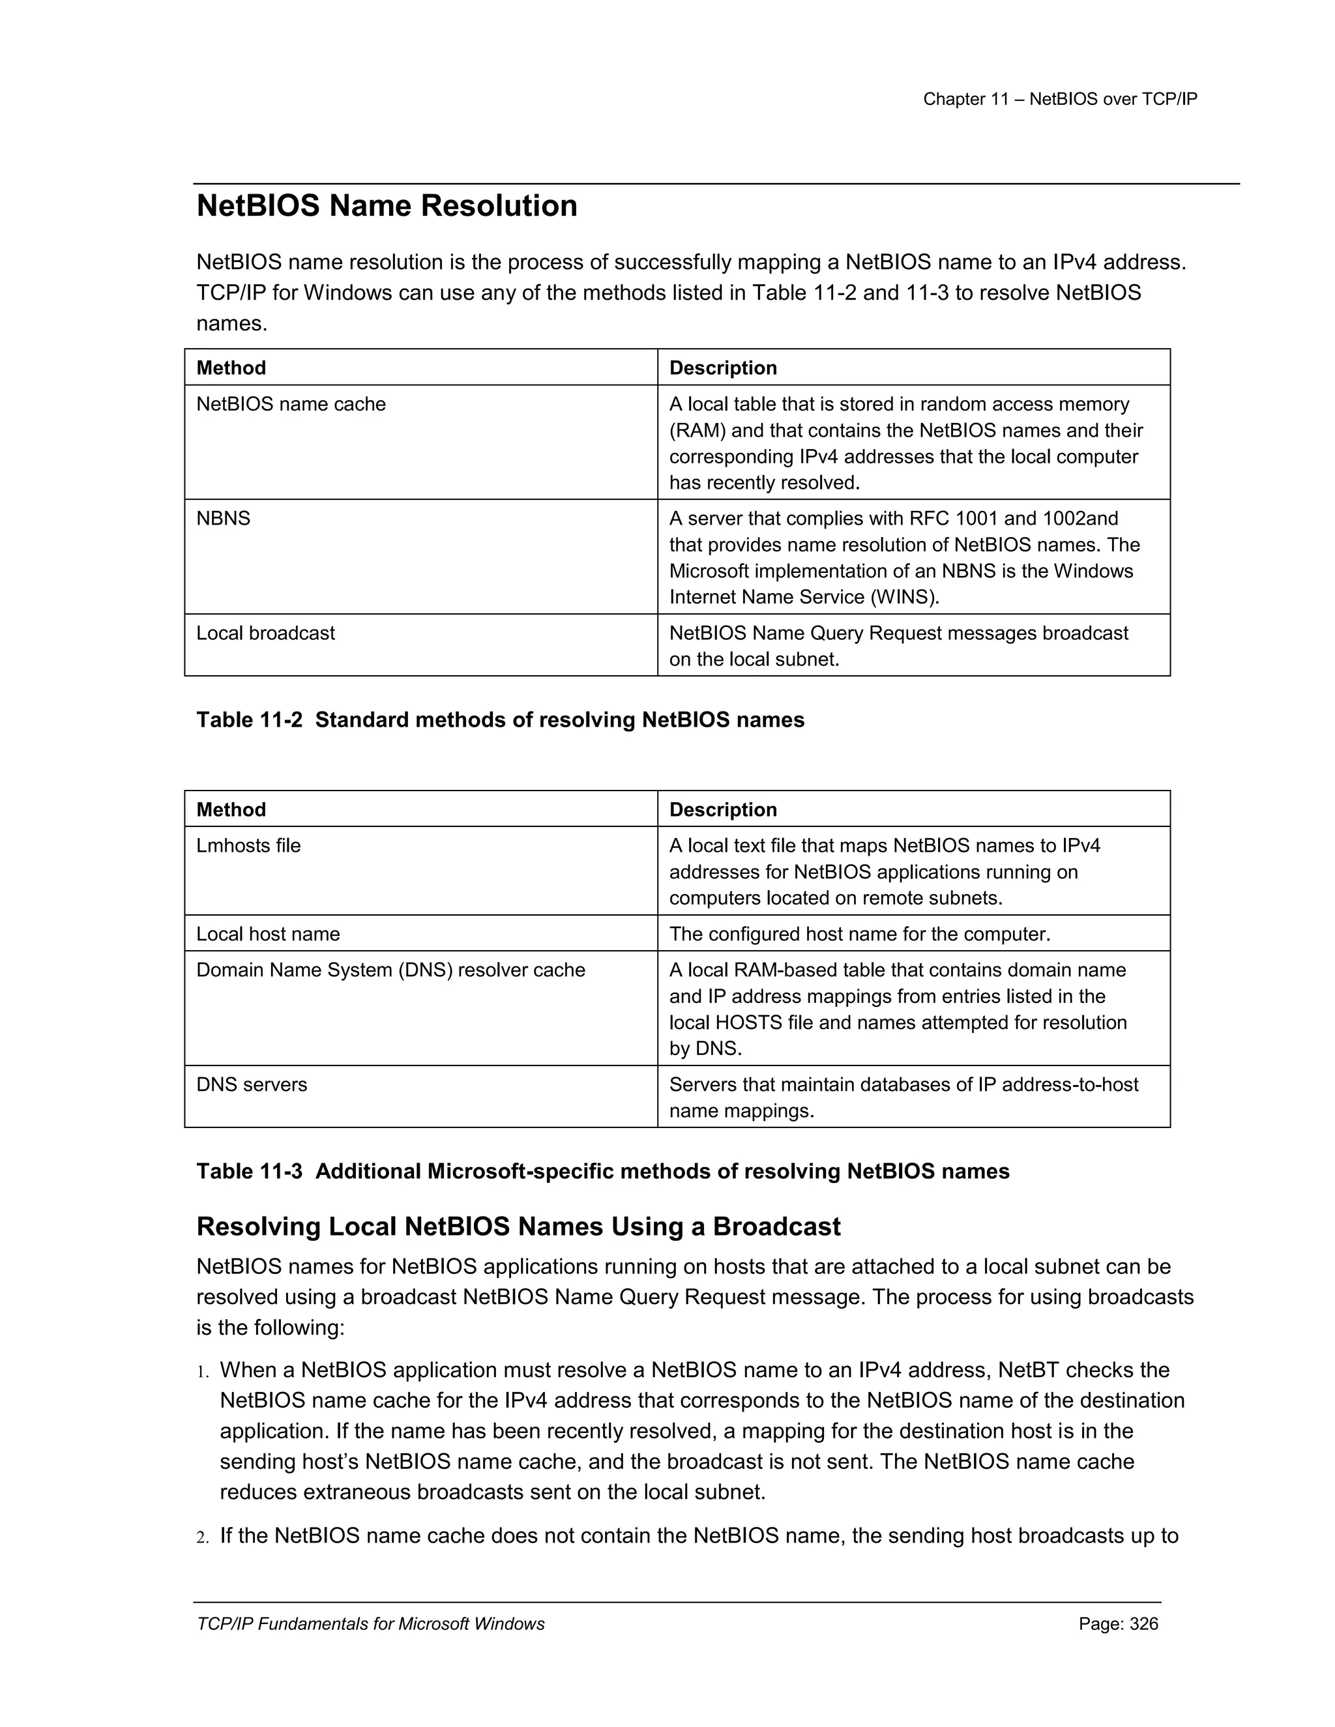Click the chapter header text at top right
[x=1060, y=100]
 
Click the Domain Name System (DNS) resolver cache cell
[x=390, y=970]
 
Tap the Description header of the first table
[x=723, y=368]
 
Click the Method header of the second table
[x=231, y=809]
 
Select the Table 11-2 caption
[x=500, y=720]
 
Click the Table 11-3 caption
[x=603, y=1171]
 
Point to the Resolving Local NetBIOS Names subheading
[x=518, y=1226]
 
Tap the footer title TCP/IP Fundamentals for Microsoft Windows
[x=370, y=1624]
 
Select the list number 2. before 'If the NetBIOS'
[x=203, y=1537]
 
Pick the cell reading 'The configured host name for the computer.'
[x=860, y=934]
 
